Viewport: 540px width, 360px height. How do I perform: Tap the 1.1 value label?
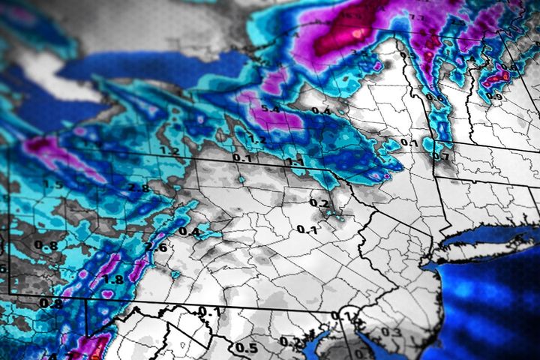point(294,161)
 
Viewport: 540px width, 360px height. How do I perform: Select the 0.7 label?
point(441,157)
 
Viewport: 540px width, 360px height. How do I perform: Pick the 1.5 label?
point(52,184)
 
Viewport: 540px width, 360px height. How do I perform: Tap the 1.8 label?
point(113,280)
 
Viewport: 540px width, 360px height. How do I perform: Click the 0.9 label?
point(493,96)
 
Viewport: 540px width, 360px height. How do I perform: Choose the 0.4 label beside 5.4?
point(320,111)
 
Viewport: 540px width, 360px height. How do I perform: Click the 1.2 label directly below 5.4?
point(256,139)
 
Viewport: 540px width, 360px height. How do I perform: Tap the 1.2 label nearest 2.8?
point(169,151)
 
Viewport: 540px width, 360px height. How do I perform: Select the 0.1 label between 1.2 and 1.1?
point(241,158)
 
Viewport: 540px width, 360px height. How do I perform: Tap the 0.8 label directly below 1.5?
point(50,245)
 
